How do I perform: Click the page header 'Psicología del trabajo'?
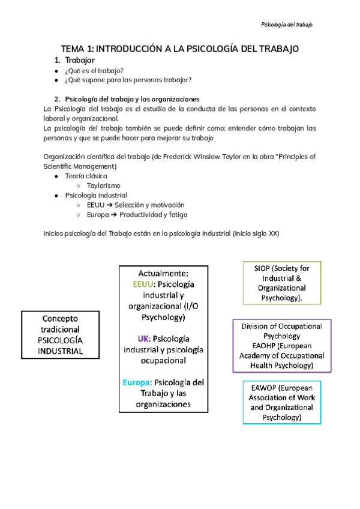(287, 25)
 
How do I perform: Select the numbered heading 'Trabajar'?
(79, 60)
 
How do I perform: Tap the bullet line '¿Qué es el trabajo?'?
(94, 70)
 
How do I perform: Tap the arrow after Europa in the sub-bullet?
(113, 214)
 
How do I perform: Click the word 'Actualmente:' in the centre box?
(164, 273)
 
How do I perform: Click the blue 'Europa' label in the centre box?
(137, 382)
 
